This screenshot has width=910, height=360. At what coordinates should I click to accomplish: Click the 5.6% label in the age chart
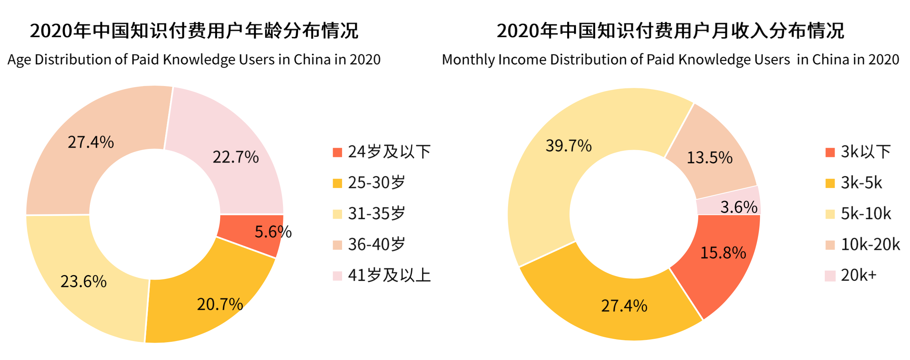point(273,232)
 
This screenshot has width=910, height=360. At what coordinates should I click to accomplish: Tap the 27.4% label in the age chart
point(91,142)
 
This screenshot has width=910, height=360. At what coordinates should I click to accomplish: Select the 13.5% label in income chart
point(710,157)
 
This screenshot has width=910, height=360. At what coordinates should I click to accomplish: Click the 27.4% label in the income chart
point(624,305)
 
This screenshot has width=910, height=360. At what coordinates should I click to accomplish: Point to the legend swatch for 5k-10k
point(830,214)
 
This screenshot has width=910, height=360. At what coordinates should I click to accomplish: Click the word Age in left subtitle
point(19,60)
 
